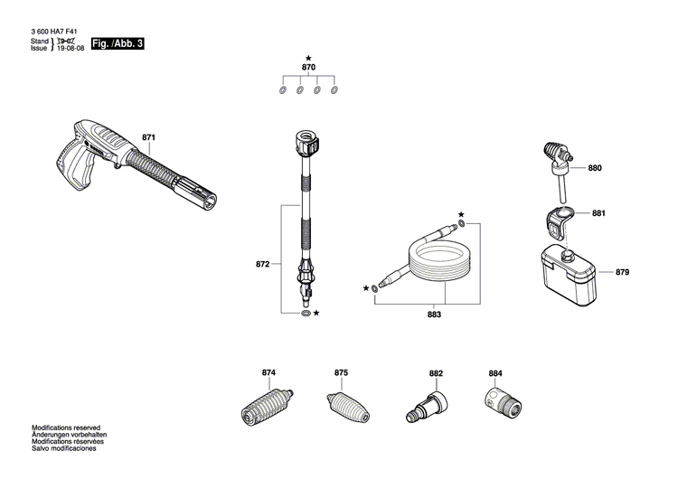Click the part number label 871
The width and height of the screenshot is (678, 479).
pos(149,137)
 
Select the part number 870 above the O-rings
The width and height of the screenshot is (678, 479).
pos(308,68)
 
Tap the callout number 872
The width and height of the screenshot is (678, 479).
pos(263,265)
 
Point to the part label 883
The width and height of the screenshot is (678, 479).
pos(434,315)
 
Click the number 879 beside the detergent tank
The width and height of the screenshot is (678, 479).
pos(623,272)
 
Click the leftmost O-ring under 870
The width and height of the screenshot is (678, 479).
pos(282,90)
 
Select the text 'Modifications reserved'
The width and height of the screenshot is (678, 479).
pos(66,427)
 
